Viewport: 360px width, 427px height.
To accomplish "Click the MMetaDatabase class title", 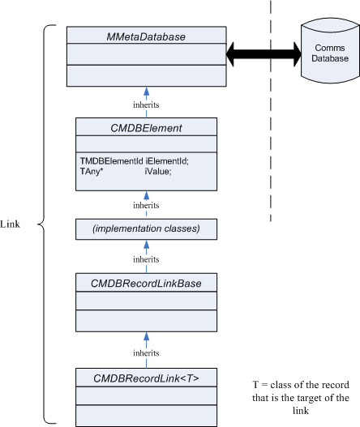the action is pos(146,36).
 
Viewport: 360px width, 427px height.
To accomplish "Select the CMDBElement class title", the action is pos(146,128).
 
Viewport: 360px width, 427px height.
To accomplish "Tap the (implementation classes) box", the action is pos(146,229).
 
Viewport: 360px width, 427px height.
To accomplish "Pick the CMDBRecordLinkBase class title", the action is pos(146,284).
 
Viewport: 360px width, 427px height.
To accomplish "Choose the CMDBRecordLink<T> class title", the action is pos(146,378).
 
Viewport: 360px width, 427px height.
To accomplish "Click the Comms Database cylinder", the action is pos(330,51).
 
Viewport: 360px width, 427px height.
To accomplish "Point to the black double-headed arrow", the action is pos(264,54).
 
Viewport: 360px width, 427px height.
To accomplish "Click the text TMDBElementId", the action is pos(111,161).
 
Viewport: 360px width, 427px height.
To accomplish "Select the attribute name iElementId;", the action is pos(167,161).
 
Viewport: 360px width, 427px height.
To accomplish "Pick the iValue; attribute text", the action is pos(158,171).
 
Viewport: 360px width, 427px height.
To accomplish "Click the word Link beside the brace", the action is pos(10,224).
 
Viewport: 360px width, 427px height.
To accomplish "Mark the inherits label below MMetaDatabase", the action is pos(146,105).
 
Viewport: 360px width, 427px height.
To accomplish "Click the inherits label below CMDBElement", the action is pos(146,205).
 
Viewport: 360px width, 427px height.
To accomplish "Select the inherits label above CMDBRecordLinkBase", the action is pos(146,259).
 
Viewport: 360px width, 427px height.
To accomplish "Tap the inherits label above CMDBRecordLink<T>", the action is pos(146,353).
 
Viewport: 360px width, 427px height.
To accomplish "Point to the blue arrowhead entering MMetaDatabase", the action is pos(146,92).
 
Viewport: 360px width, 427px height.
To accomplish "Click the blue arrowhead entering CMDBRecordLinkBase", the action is pos(146,337).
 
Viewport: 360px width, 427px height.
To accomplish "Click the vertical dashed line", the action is pos(271,111).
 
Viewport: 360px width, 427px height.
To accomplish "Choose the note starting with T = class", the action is pos(301,398).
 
